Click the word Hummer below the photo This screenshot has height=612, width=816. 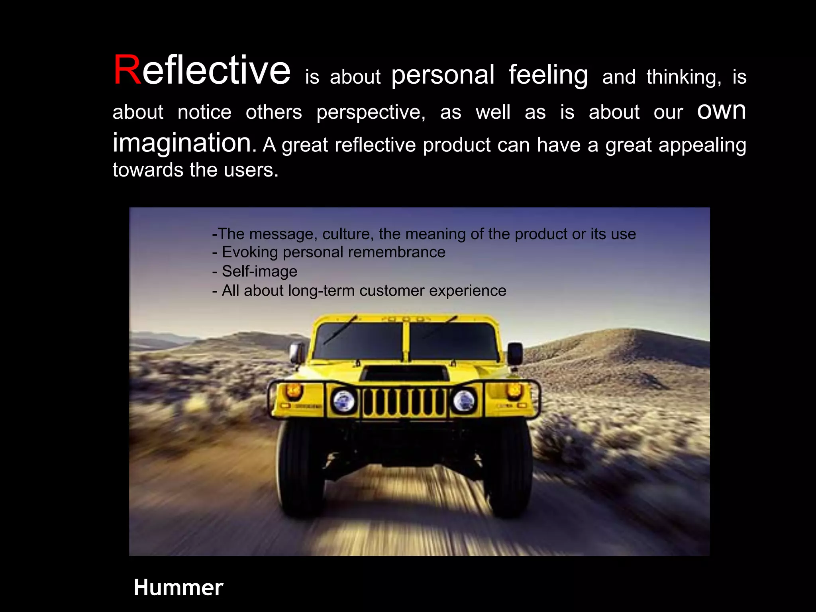tap(178, 588)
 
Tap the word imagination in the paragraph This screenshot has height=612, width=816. tap(182, 143)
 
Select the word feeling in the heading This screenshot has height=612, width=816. tap(548, 75)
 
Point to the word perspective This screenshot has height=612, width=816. tap(371, 112)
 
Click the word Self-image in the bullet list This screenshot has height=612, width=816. tap(259, 271)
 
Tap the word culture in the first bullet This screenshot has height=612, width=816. tap(347, 234)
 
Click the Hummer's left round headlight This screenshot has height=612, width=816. tap(344, 401)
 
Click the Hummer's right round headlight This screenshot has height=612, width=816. tap(464, 400)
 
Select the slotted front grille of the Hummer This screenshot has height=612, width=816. tap(404, 402)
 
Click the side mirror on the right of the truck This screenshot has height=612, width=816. tap(515, 353)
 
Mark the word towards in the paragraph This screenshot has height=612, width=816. tap(148, 170)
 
